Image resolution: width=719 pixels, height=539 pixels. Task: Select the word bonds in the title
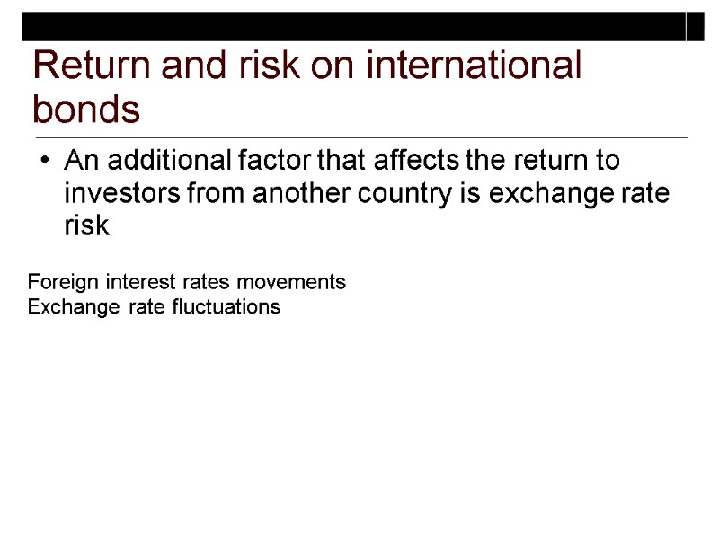point(86,111)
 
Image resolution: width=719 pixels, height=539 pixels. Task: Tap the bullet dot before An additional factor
point(47,163)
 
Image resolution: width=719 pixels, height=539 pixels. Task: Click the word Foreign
point(64,282)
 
